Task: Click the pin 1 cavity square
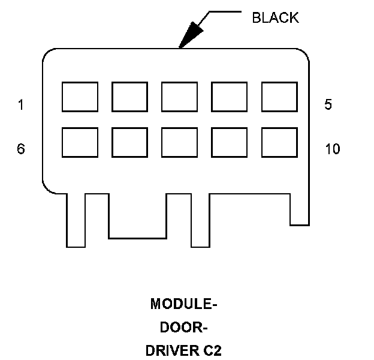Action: click(x=80, y=97)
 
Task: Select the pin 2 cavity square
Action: click(x=129, y=97)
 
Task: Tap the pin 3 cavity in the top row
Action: click(x=179, y=97)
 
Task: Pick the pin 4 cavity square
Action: click(x=229, y=97)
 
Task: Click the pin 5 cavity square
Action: click(x=279, y=97)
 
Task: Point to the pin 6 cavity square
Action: click(x=80, y=142)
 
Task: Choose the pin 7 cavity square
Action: click(x=129, y=142)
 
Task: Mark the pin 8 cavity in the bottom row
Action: click(x=179, y=142)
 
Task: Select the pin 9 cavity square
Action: click(x=229, y=142)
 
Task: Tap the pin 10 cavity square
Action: click(x=279, y=142)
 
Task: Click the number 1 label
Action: click(x=21, y=105)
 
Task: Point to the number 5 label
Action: click(x=328, y=105)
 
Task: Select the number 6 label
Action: click(x=21, y=148)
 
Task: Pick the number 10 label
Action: click(x=332, y=148)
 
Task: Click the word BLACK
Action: click(x=275, y=18)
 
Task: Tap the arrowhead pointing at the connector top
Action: click(x=190, y=35)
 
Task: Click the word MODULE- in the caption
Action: click(x=183, y=304)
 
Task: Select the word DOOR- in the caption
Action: click(x=183, y=328)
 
